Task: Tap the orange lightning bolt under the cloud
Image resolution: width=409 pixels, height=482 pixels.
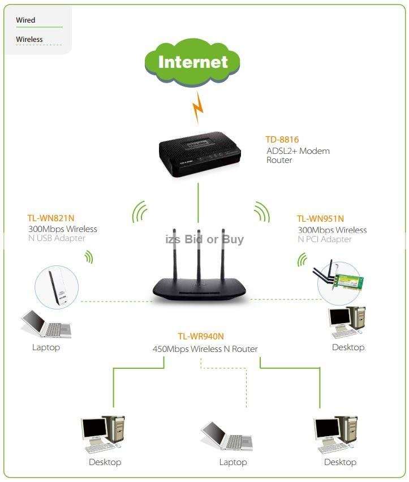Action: tap(197, 107)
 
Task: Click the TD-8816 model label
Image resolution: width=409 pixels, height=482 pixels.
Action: tap(282, 139)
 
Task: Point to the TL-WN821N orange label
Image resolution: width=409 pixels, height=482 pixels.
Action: tap(51, 218)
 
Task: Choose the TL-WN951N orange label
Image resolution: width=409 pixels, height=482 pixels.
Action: tap(320, 218)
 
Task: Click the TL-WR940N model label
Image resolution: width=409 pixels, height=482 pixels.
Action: tap(201, 336)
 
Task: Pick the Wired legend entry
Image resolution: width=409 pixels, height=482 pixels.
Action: tap(25, 20)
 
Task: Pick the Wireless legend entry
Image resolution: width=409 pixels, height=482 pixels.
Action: tap(29, 40)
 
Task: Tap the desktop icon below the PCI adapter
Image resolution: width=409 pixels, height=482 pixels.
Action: tap(347, 323)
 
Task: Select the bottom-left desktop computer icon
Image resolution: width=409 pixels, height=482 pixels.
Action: tap(104, 435)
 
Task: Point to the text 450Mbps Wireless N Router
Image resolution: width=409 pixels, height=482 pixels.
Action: tap(205, 349)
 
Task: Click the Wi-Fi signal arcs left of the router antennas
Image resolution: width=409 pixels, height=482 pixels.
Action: tap(139, 212)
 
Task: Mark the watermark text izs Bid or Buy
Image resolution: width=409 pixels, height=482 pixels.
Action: tap(204, 239)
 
